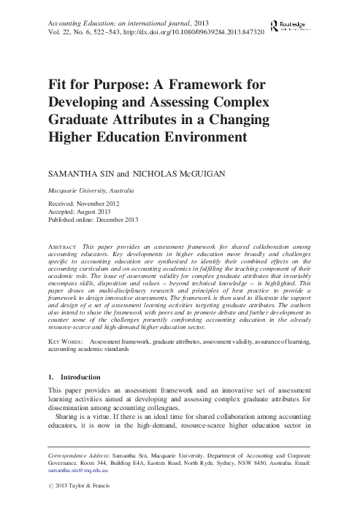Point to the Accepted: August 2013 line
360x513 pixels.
pos(82,212)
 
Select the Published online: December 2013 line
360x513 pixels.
pos(97,220)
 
